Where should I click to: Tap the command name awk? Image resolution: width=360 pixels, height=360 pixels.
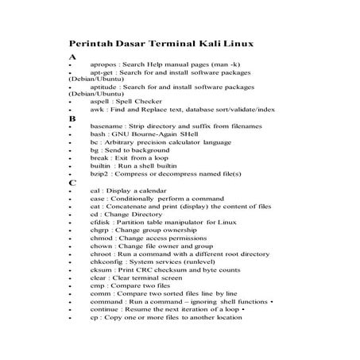tap(97, 111)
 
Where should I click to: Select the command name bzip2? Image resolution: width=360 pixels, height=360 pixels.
tap(99, 173)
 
